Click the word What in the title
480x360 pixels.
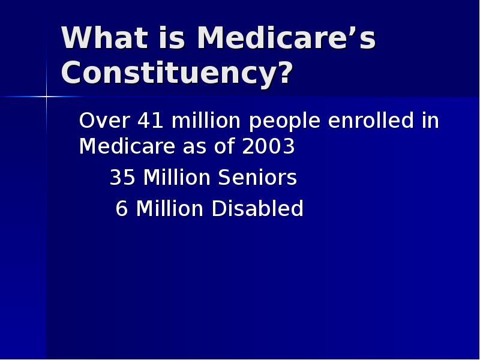(x=103, y=38)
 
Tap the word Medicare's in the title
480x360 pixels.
(x=286, y=38)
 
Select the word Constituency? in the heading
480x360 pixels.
(x=177, y=73)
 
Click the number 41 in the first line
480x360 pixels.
(x=151, y=121)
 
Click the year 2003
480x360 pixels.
(x=269, y=146)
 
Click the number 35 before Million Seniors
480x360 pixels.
(x=122, y=178)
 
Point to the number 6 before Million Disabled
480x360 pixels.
(x=122, y=209)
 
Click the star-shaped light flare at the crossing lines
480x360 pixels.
(x=46, y=96)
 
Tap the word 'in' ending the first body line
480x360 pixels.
(x=430, y=121)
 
